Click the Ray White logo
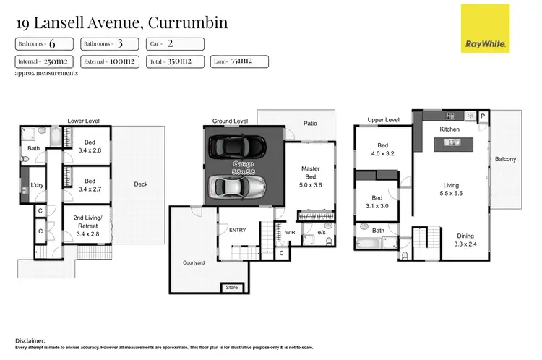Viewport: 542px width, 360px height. coord(486,29)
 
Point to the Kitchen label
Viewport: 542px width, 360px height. coord(450,129)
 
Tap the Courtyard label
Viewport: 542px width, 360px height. coord(192,262)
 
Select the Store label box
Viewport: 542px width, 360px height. coord(231,288)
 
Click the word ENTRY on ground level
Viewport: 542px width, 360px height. coord(237,230)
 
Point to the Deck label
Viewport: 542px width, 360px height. coord(141,184)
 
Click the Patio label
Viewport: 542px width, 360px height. coord(310,124)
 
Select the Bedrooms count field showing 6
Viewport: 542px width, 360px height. coord(45,43)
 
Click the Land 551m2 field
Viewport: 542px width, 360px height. coord(237,61)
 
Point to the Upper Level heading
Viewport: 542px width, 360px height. coord(383,120)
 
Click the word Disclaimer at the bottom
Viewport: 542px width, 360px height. coord(30,340)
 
